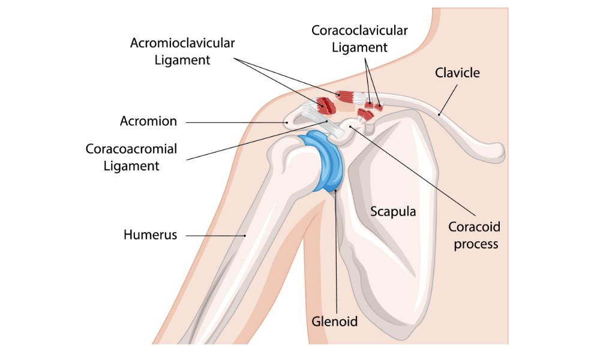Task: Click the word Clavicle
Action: pos(457,73)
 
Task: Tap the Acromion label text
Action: pos(148,121)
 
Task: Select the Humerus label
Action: pos(150,235)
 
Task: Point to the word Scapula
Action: pos(393,211)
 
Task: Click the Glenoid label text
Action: pos(334,322)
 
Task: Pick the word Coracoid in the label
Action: pos(474,227)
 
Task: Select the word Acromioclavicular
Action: pos(182,43)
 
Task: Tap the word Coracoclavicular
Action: pos(359,30)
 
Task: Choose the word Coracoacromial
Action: pos(131,148)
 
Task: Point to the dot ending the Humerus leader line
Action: pos(245,235)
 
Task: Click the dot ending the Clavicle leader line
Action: pos(439,113)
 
